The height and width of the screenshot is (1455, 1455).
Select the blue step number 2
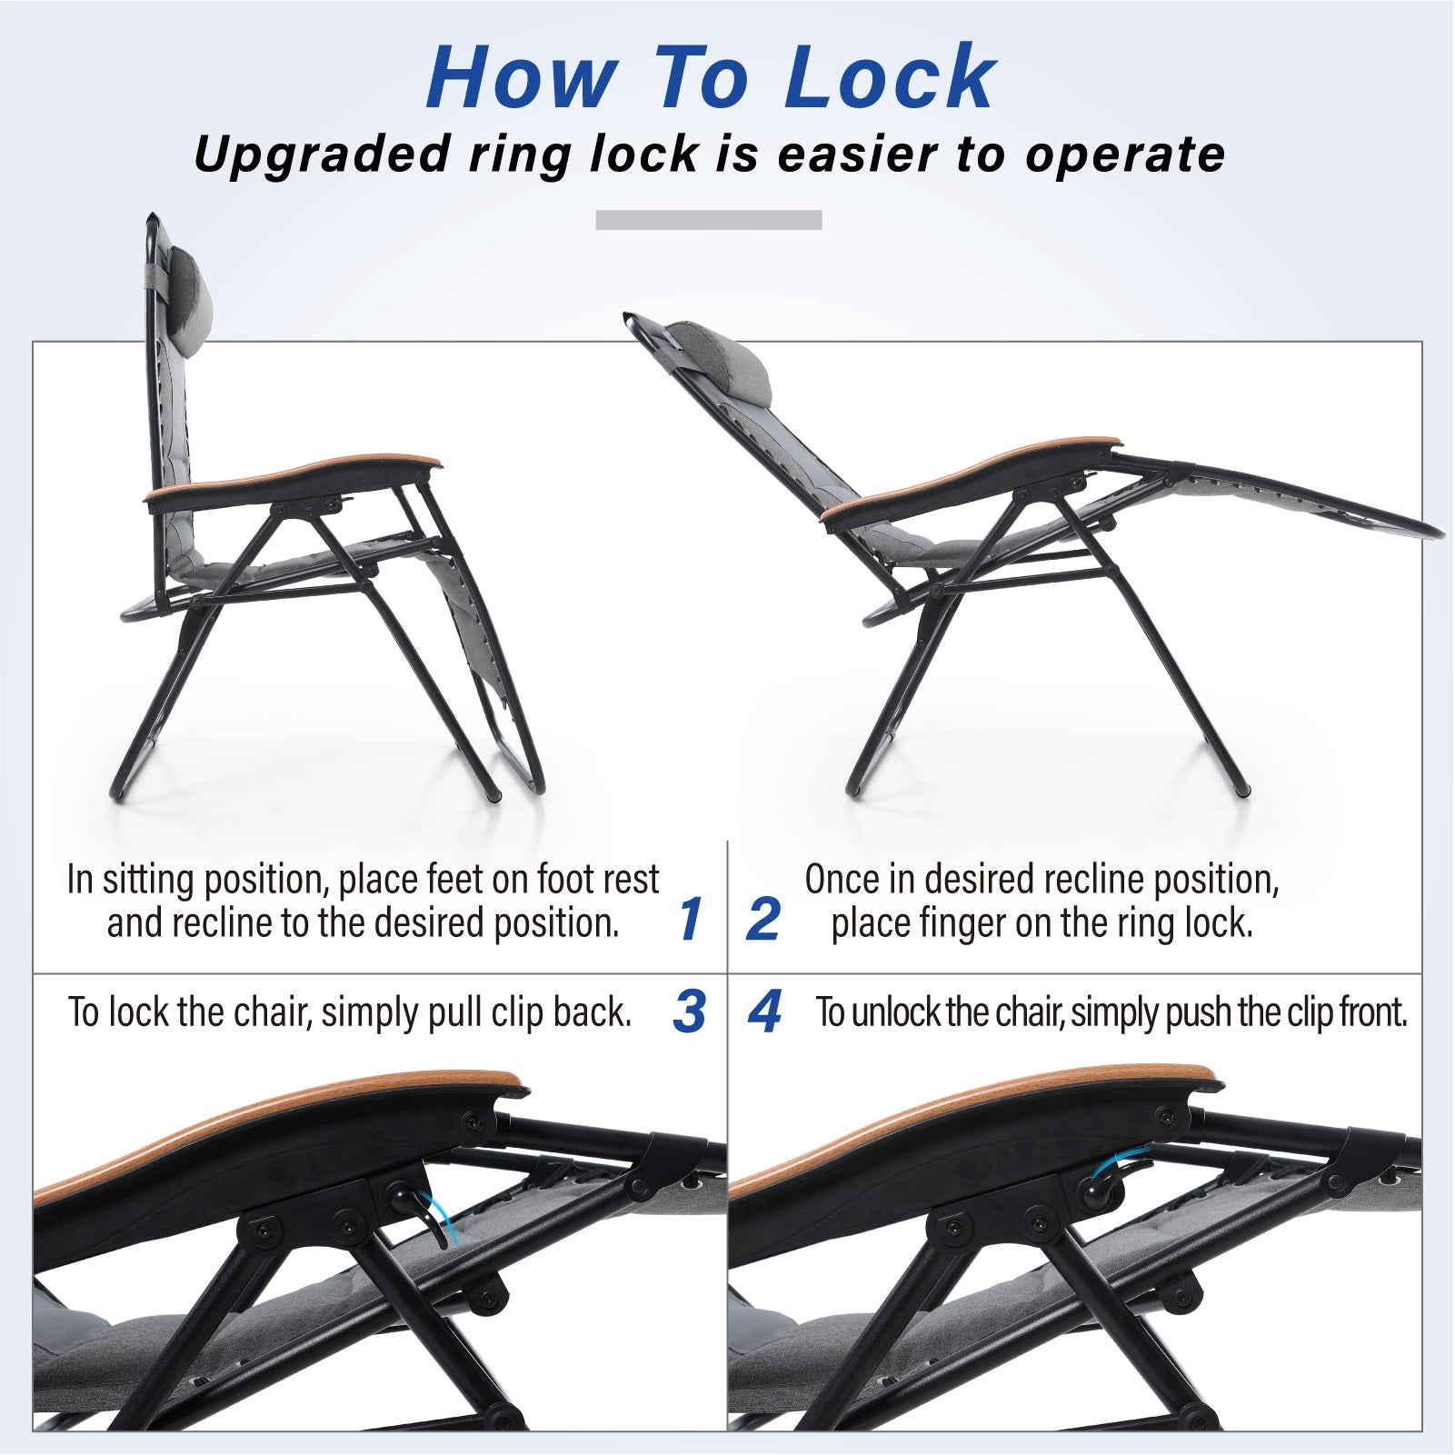[763, 919]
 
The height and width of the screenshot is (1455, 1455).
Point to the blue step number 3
[690, 1011]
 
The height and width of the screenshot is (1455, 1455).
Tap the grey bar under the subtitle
[709, 220]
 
